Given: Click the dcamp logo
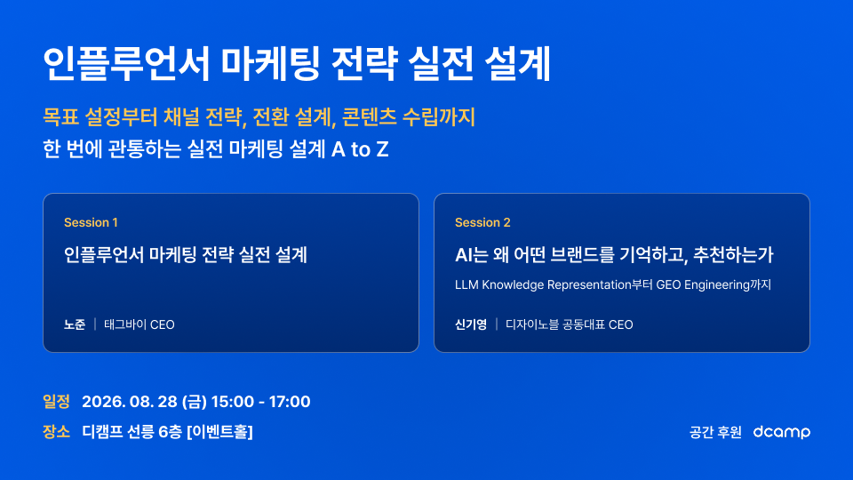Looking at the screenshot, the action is (x=782, y=432).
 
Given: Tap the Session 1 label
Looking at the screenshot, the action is (x=91, y=222).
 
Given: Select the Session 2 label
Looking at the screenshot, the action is (x=482, y=222).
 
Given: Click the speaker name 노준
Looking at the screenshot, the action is (x=75, y=324).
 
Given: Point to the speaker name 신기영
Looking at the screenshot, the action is (x=471, y=324).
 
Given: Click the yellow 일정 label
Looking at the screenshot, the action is (x=56, y=402).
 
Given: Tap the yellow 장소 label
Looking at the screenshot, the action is (x=56, y=432).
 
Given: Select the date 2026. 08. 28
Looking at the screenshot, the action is (x=130, y=402).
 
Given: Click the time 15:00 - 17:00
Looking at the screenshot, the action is (x=260, y=402).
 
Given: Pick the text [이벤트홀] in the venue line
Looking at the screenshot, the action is (x=219, y=432).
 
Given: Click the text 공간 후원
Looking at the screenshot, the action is (x=715, y=432).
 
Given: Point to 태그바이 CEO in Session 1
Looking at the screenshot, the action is (x=140, y=324).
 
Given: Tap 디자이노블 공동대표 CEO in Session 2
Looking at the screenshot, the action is (x=569, y=324).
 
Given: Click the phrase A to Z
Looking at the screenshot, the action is (x=360, y=149).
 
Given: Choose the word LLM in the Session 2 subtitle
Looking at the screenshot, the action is (x=466, y=284).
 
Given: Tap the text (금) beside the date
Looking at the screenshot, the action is (x=195, y=402).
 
